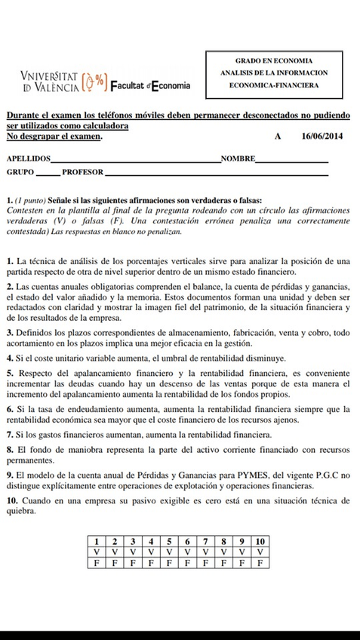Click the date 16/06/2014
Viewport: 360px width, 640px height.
click(x=322, y=137)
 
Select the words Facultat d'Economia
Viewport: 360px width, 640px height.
click(x=150, y=85)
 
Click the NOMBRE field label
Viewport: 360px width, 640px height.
click(x=238, y=159)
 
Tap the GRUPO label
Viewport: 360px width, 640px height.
click(x=20, y=172)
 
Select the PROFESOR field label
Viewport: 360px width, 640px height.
click(x=82, y=172)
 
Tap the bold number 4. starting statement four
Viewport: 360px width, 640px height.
click(x=9, y=355)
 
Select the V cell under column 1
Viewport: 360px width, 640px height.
click(x=96, y=552)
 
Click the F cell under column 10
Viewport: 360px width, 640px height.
click(x=260, y=562)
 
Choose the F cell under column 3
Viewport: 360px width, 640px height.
click(x=132, y=562)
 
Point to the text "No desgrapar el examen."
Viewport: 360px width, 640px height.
click(x=54, y=137)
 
